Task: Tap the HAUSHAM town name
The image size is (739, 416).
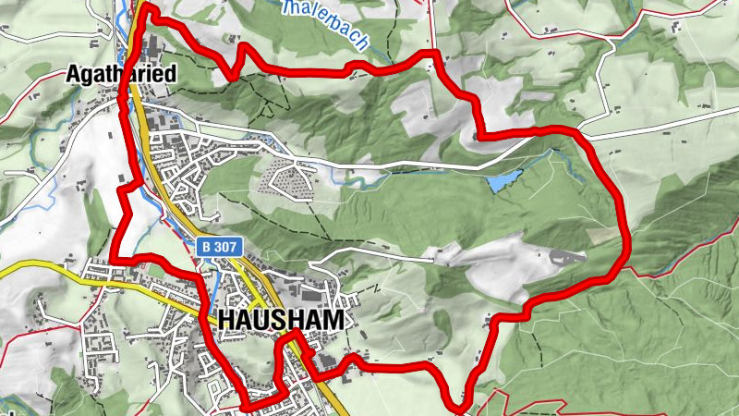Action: point(283,320)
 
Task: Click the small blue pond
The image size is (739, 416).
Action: point(505,181)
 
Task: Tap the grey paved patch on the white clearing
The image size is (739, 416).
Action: point(565,256)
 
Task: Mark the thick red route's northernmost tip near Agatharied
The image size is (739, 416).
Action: point(146,7)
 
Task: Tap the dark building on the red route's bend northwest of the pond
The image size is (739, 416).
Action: point(476,138)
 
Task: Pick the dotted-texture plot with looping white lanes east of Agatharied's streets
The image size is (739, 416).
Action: point(286,176)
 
